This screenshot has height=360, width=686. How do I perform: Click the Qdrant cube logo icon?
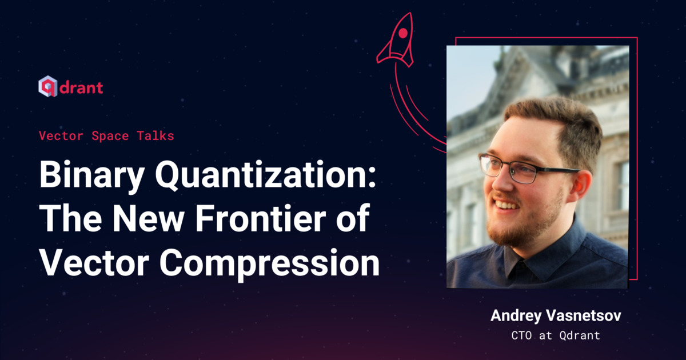click(48, 86)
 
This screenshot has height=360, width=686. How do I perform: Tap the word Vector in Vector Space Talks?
click(61, 136)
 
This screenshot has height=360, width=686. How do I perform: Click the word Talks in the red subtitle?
click(155, 136)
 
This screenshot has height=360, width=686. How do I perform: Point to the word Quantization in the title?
click(265, 174)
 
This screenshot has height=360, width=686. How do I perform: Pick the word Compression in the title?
click(269, 263)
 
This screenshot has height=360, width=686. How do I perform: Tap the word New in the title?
click(149, 218)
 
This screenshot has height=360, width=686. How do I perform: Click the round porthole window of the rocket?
click(403, 33)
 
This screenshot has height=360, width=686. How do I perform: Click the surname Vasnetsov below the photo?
click(584, 315)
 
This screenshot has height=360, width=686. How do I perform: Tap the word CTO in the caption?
click(521, 335)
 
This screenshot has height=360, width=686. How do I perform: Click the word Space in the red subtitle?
click(110, 136)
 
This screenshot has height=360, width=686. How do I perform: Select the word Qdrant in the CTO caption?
click(580, 335)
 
